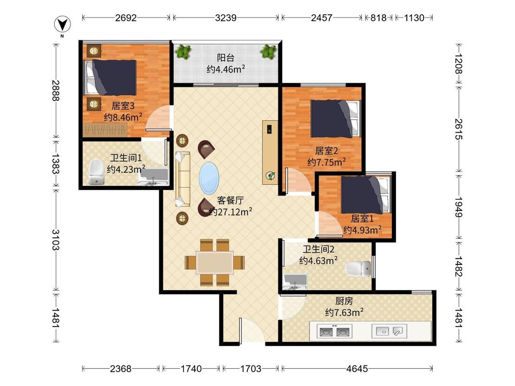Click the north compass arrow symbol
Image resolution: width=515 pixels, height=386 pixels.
pyautogui.click(x=62, y=24)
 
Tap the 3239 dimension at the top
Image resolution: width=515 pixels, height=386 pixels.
pyautogui.click(x=226, y=18)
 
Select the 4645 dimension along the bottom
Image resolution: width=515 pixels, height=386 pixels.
pyautogui.click(x=357, y=369)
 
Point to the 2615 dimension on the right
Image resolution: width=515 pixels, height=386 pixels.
pyautogui.click(x=459, y=129)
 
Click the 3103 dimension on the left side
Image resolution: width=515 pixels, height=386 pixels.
pyautogui.click(x=56, y=240)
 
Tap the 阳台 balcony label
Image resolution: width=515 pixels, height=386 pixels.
pyautogui.click(x=226, y=58)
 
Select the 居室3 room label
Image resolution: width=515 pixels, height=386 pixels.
pyautogui.click(x=123, y=106)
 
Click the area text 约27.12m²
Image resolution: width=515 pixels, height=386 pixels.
pyautogui.click(x=231, y=212)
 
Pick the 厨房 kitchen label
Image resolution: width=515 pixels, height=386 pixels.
pyautogui.click(x=344, y=300)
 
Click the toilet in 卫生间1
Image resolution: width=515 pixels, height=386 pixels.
pyautogui.click(x=96, y=172)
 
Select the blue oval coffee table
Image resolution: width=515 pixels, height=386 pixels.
pyautogui.click(x=209, y=178)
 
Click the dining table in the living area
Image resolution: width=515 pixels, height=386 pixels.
pyautogui.click(x=215, y=263)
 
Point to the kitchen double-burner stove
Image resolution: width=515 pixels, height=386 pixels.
pyautogui.click(x=334, y=331)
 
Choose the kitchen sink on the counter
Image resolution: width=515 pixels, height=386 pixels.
pyautogui.click(x=389, y=331)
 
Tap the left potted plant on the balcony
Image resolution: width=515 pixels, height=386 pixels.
pyautogui.click(x=183, y=52)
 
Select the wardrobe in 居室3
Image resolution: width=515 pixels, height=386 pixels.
pyautogui.click(x=105, y=130)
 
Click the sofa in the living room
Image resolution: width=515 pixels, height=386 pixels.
pyautogui.click(x=182, y=179)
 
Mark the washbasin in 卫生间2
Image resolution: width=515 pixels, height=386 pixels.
pyautogui.click(x=295, y=282)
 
